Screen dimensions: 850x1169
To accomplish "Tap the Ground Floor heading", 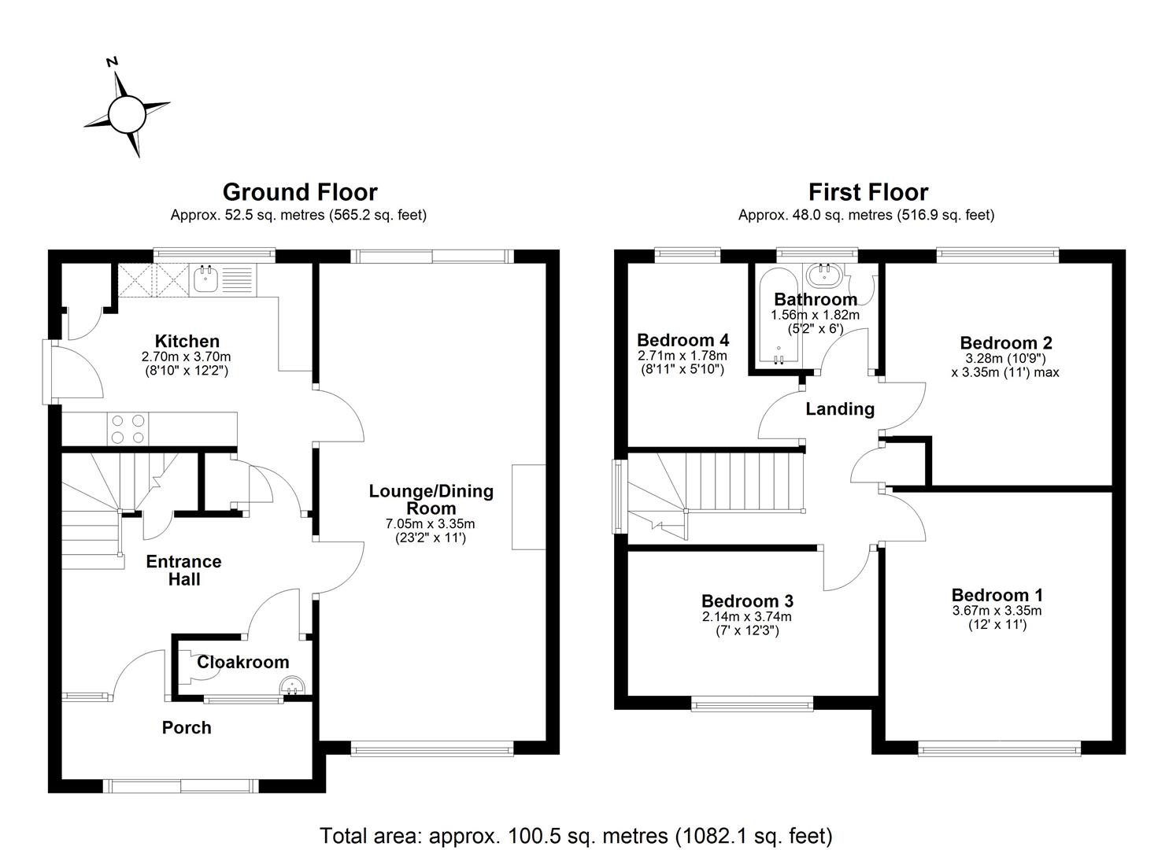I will pos(300,192).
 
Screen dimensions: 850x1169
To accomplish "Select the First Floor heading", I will pos(868,192).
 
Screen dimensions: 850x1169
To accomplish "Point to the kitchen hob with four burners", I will pos(128,429).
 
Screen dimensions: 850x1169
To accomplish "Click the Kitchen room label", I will pos(187,342).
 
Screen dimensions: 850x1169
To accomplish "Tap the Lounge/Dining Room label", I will pos(431,499).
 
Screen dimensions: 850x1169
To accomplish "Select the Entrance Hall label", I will pos(183,571).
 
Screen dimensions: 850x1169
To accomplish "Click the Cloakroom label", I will pos(242,663).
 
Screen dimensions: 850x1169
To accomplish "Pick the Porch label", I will pos(187,728).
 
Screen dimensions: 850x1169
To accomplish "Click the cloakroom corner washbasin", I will pos(294,687).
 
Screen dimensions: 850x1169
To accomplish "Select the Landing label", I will pos(840,409).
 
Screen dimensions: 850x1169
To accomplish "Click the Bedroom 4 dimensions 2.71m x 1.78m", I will pos(683,356).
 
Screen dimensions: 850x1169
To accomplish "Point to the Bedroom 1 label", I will pos(997,595).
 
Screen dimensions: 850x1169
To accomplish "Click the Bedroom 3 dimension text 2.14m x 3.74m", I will pos(746,617).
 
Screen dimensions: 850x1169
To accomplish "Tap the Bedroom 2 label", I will pos(1005,343).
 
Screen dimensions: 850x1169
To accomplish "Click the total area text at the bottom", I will pos(575,835).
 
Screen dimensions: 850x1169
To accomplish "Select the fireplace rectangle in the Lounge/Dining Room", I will pos(528,507).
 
